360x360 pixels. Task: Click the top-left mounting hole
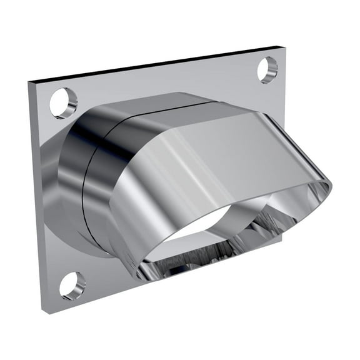pyautogui.click(x=63, y=103)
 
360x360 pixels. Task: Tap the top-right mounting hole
pyautogui.click(x=267, y=69)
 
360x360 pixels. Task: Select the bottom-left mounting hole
pyautogui.click(x=72, y=285)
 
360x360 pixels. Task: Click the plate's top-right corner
pyautogui.click(x=285, y=46)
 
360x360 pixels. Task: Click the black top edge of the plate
pyautogui.click(x=156, y=64)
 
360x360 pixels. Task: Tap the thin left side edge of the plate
pyautogui.click(x=36, y=194)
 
